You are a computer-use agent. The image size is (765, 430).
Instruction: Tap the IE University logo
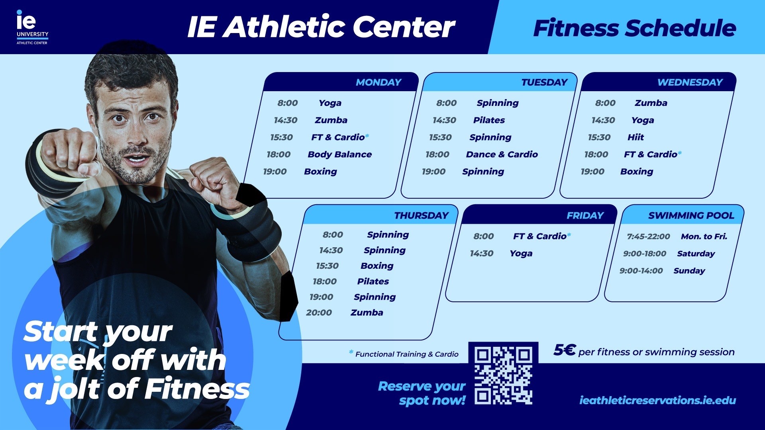[32, 27]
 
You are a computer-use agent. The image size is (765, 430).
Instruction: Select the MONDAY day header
[379, 82]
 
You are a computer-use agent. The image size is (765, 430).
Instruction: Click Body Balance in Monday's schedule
[339, 154]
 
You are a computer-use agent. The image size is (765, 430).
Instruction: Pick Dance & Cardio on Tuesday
[502, 154]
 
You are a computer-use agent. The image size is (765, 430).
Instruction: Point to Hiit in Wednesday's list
[636, 137]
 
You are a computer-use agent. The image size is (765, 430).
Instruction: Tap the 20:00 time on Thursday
[319, 313]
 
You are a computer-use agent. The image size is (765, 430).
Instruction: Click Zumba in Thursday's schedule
[367, 313]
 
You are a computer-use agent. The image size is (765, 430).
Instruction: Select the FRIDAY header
[585, 216]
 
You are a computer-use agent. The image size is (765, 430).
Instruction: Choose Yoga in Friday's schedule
[521, 254]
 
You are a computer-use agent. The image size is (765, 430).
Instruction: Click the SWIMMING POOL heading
[691, 216]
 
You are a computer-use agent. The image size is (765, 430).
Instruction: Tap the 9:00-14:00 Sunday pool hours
[641, 271]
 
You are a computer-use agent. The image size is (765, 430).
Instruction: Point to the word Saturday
[696, 254]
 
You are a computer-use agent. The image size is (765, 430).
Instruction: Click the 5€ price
[564, 350]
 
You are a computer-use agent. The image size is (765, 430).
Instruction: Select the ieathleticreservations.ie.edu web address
[657, 400]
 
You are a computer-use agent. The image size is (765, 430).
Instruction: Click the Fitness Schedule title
[634, 28]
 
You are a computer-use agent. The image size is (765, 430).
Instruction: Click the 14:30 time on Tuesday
[444, 120]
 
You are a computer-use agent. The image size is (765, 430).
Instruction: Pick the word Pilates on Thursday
[373, 281]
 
